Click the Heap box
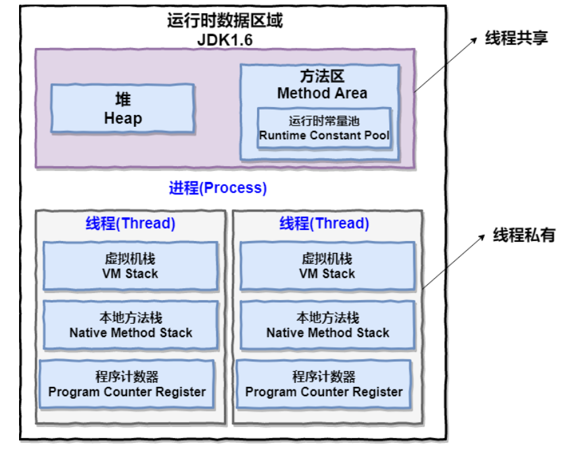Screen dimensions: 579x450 (x=123, y=108)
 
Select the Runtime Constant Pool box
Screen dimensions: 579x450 (x=324, y=128)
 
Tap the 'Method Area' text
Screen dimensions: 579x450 (x=323, y=93)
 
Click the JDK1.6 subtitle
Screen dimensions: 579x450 (x=225, y=40)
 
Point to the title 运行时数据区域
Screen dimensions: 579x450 (x=225, y=20)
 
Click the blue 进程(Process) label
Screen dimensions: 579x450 (x=218, y=188)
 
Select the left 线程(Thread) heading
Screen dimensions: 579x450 (x=130, y=223)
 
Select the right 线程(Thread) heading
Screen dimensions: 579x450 (x=324, y=223)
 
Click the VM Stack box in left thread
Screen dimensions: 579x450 (x=130, y=266)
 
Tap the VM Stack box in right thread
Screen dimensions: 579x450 (x=327, y=266)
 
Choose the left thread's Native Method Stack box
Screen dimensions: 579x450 (x=130, y=325)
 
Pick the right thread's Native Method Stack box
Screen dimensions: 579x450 (x=327, y=325)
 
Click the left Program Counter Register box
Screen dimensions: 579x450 (x=127, y=384)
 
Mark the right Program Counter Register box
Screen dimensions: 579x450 (x=324, y=384)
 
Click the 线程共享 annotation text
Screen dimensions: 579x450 (x=516, y=38)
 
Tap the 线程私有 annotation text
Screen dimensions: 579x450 (x=524, y=235)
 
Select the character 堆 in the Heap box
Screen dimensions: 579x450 (x=123, y=99)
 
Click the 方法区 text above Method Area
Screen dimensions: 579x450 (x=323, y=76)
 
